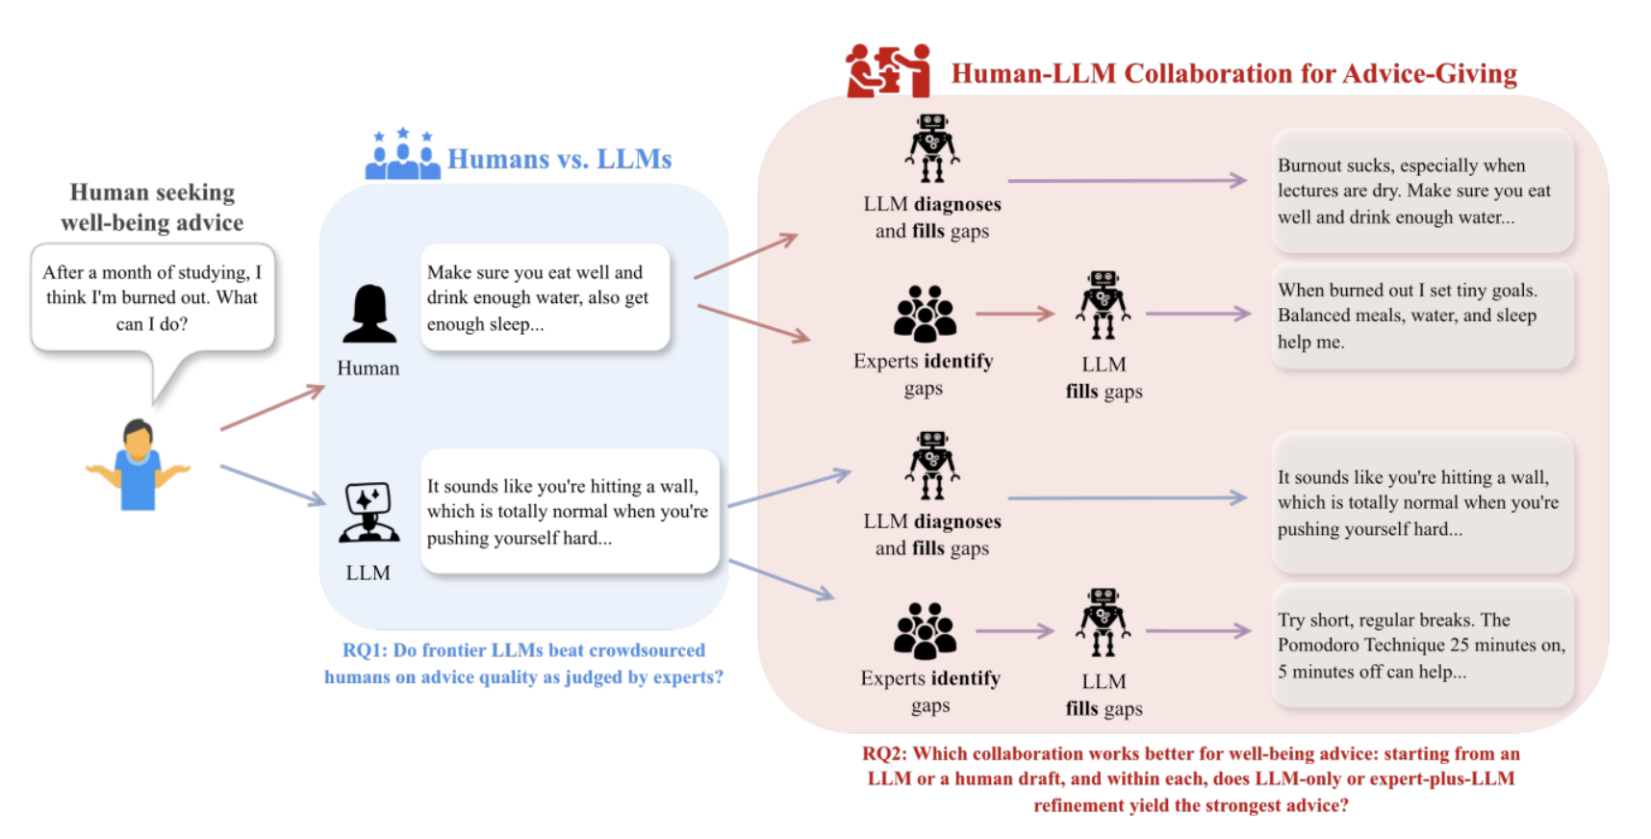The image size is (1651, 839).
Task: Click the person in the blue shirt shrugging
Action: pos(138,466)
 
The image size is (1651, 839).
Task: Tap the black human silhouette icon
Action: pos(369,315)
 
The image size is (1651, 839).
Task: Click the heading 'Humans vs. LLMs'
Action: pos(559,159)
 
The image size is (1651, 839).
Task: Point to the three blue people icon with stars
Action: pos(402,155)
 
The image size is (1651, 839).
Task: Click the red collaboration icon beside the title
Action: pos(888,71)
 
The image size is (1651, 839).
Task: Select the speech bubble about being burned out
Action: pos(152,298)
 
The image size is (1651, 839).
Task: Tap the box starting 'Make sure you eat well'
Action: pos(544,298)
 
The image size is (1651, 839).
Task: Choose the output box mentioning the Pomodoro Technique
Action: pos(1421,646)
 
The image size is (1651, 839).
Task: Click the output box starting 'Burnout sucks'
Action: pos(1421,191)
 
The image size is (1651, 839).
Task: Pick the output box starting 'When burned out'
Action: pos(1421,316)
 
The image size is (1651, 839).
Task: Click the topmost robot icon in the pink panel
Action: pos(931,148)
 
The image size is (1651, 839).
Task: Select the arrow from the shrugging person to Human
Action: pos(272,407)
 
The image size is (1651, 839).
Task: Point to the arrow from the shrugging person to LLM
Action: pos(272,484)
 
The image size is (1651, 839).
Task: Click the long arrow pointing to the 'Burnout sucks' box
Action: pos(1126,180)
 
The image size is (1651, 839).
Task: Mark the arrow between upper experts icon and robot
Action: pos(1014,314)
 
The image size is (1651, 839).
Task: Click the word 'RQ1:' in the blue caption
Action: pos(365,650)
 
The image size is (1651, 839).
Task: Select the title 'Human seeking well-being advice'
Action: pos(152,207)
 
